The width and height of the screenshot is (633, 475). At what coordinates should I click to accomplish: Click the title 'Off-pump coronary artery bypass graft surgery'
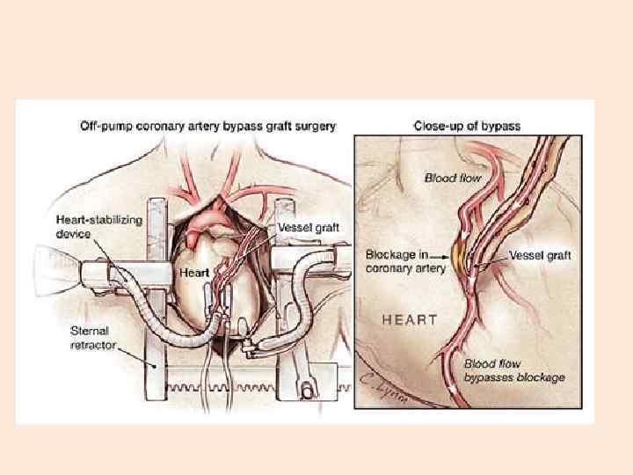click(x=207, y=126)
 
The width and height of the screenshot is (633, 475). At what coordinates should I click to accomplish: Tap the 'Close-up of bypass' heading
click(x=467, y=126)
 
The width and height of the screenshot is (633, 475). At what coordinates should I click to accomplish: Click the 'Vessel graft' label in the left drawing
click(x=308, y=228)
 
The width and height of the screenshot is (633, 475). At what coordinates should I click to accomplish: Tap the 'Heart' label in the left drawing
click(x=194, y=274)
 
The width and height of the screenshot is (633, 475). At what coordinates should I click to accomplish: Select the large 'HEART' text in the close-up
click(x=409, y=319)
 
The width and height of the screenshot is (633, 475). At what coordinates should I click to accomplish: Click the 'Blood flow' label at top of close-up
click(x=454, y=178)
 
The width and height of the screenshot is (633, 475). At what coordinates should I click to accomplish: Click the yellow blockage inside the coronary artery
click(x=462, y=257)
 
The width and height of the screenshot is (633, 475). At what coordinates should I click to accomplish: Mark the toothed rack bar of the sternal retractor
click(x=246, y=384)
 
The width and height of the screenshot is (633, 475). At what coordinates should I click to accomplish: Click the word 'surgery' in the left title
click(x=314, y=126)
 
